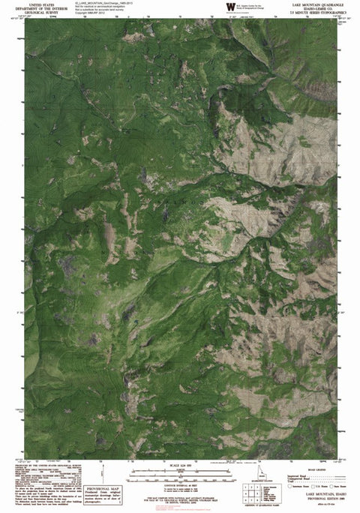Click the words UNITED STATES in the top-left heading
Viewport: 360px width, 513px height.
coord(35,4)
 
